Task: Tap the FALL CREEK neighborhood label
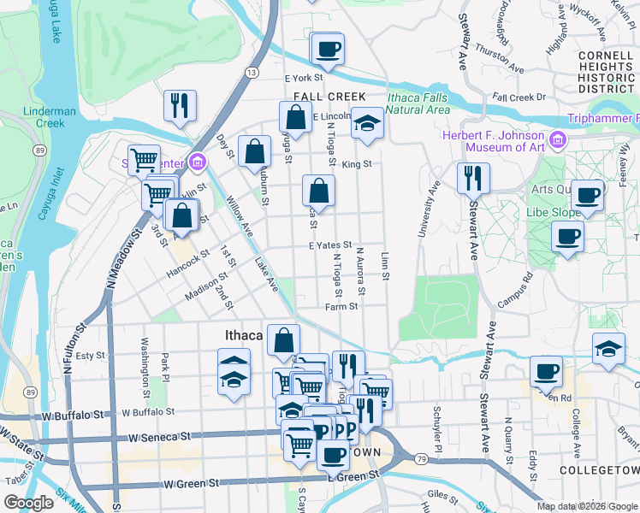point(329,97)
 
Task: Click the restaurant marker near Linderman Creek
point(181,106)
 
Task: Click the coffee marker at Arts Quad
point(588,196)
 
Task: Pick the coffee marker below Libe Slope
point(567,237)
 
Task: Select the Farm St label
point(341,306)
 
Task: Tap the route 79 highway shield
point(421,460)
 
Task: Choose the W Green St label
point(187,484)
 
